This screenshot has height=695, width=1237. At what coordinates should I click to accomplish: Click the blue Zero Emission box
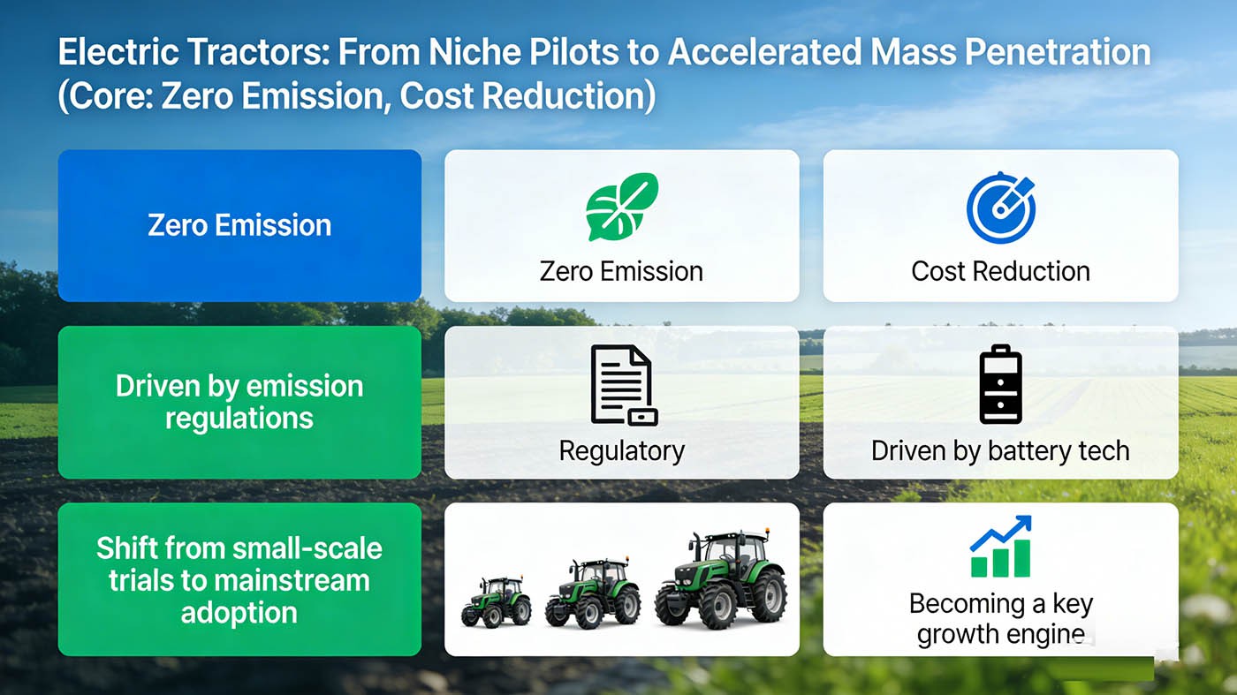tap(239, 225)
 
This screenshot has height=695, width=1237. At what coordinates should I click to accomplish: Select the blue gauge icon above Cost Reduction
tap(1000, 208)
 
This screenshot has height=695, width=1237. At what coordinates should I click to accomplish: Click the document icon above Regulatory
tap(623, 385)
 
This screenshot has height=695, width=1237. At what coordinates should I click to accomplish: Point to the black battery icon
tap(1000, 385)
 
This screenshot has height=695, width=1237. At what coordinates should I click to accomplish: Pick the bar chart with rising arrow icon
tap(1000, 547)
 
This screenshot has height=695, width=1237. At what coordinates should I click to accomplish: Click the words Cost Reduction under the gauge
tap(1000, 271)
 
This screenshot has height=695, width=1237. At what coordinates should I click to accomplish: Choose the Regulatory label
tap(622, 451)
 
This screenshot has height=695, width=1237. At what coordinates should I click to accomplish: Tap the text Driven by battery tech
tap(1000, 451)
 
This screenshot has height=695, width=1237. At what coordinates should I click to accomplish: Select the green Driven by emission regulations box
tap(239, 402)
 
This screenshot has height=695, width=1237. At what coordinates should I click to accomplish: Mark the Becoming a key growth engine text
tap(1000, 619)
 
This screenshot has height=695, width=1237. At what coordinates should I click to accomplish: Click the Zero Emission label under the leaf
tap(622, 271)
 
